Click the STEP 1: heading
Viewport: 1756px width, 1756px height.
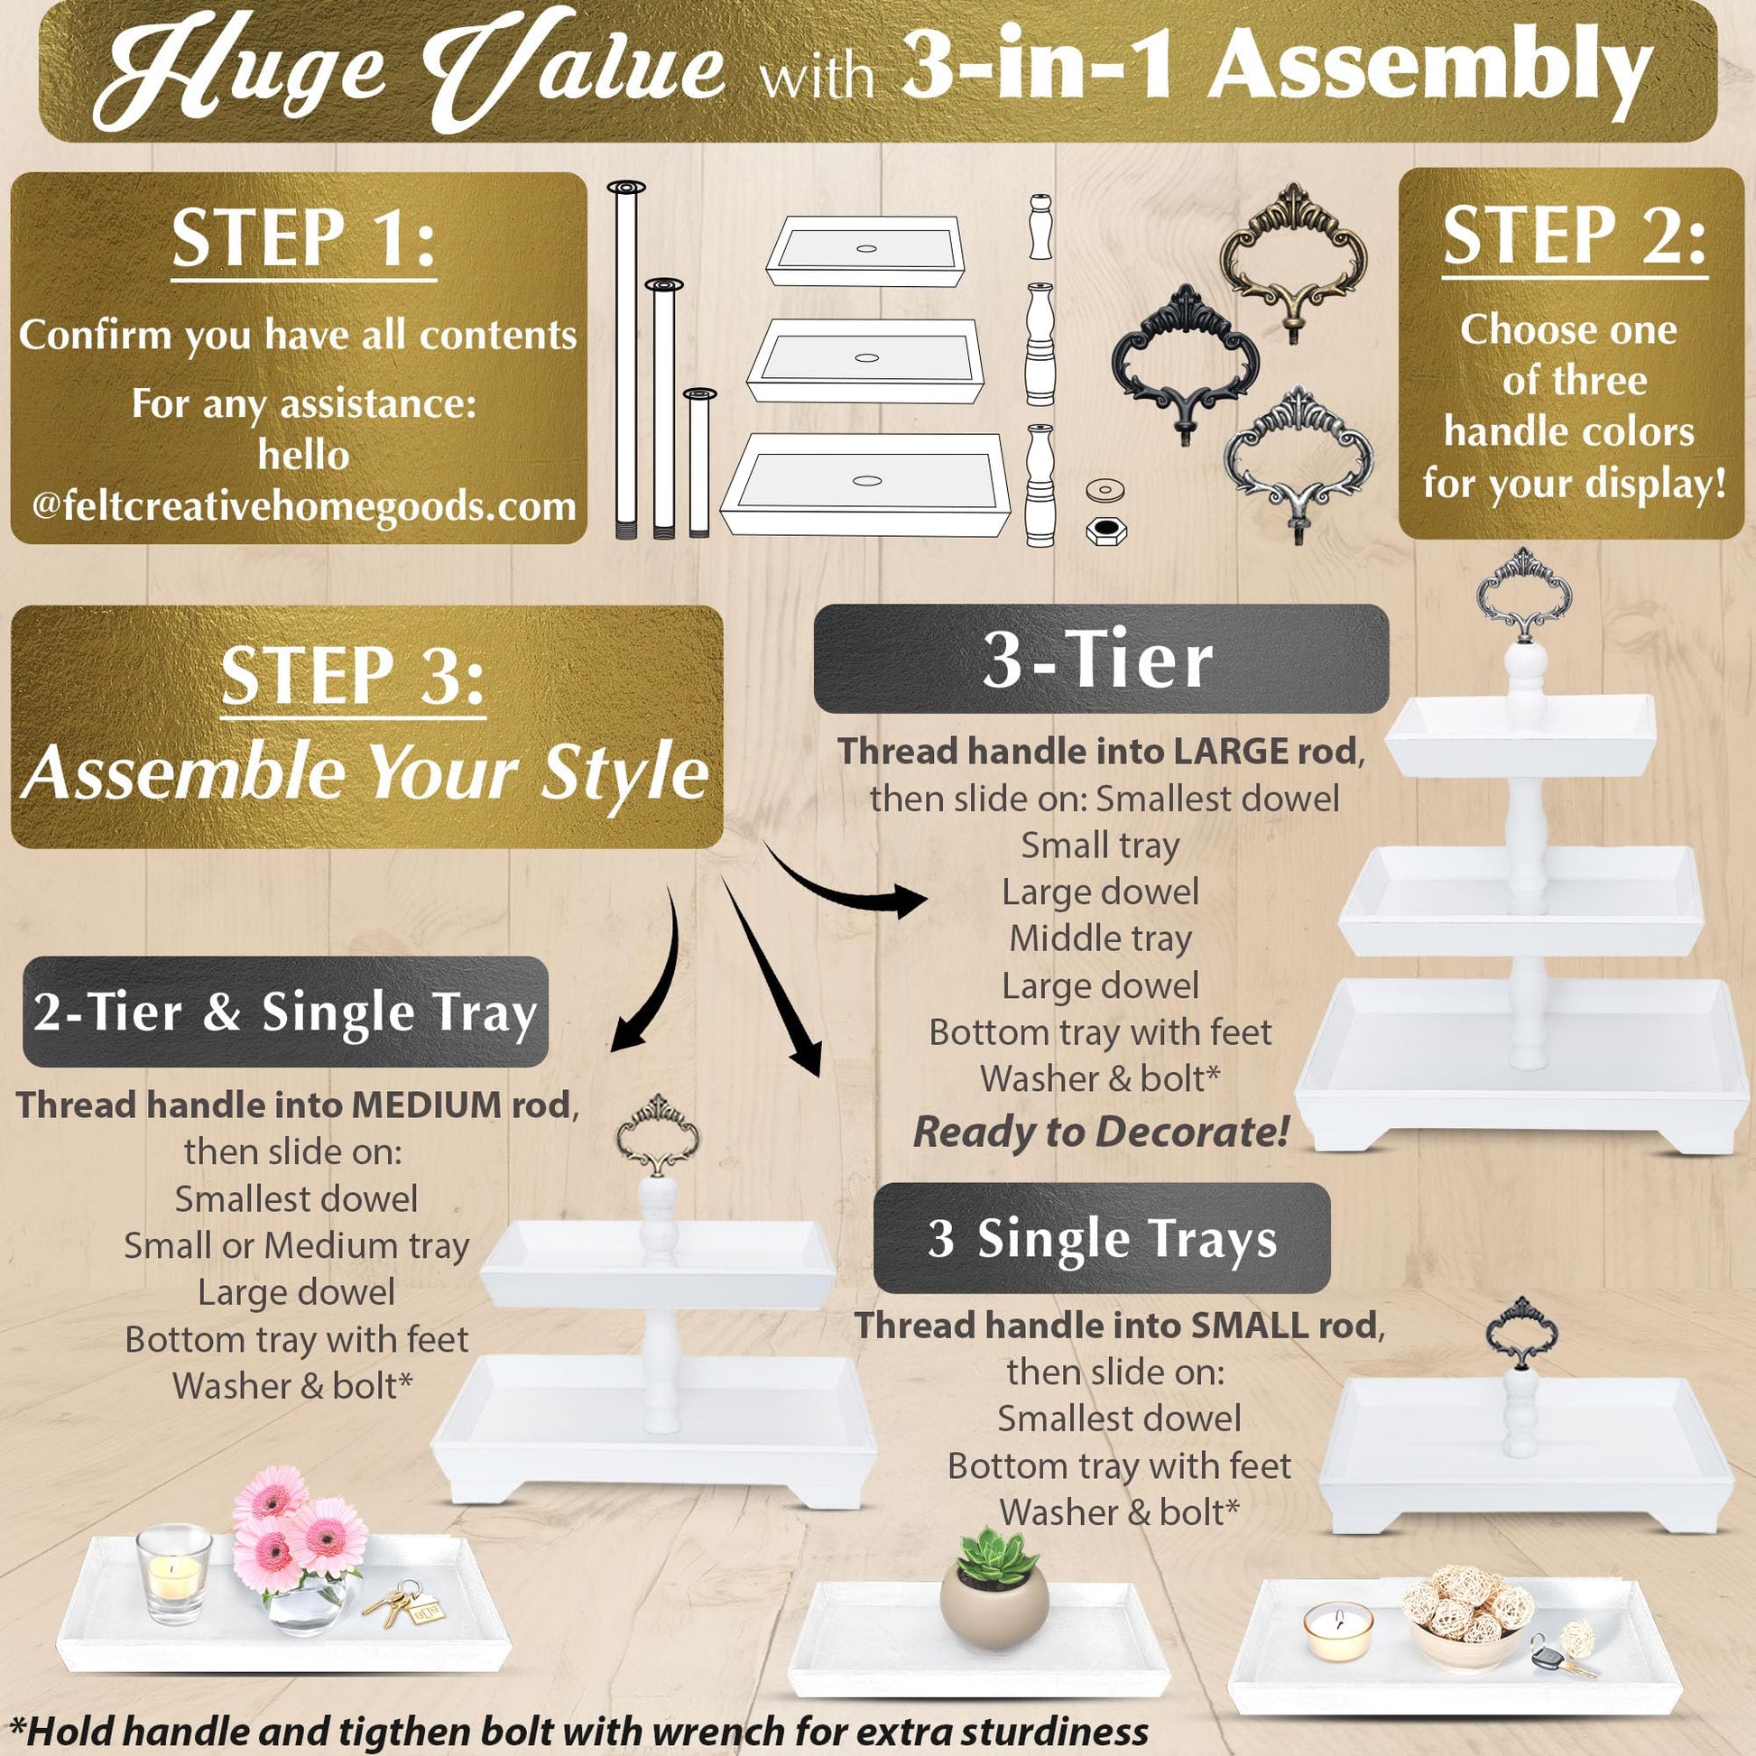(303, 239)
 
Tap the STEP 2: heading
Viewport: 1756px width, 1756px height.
(1574, 236)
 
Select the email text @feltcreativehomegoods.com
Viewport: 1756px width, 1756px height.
(303, 505)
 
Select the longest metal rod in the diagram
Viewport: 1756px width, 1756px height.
(625, 361)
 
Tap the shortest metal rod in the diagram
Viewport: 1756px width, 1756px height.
(698, 464)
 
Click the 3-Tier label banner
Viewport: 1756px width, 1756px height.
(1101, 659)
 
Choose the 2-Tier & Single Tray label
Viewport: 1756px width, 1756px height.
(285, 1012)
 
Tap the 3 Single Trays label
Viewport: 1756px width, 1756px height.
(1102, 1238)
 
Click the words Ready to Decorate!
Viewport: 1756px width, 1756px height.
(1101, 1132)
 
